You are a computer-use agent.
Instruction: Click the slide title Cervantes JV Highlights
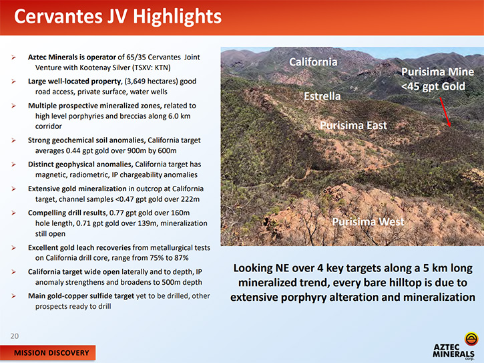[x=117, y=17]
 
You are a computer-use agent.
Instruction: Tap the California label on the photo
[x=313, y=62]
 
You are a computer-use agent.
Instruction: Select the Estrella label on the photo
[x=322, y=96]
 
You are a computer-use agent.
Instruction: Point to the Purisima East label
[x=353, y=125]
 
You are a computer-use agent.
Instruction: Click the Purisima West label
[x=368, y=221]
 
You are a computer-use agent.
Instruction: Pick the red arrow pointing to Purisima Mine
[x=445, y=112]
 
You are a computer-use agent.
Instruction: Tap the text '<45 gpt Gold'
[x=433, y=86]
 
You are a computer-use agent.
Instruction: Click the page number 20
[x=15, y=336]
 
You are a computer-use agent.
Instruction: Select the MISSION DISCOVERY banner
[x=48, y=353]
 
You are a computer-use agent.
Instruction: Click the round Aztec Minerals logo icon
[x=471, y=338]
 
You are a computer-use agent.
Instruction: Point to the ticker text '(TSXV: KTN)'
[x=150, y=68]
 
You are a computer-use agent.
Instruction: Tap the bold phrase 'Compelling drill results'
[x=67, y=213]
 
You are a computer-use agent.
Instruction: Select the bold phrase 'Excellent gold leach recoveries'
[x=79, y=247]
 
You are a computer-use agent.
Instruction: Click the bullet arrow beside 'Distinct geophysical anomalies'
[x=13, y=164]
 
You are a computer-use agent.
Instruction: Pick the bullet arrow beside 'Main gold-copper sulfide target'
[x=13, y=296]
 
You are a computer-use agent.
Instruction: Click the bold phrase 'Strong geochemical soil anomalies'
[x=86, y=140]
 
